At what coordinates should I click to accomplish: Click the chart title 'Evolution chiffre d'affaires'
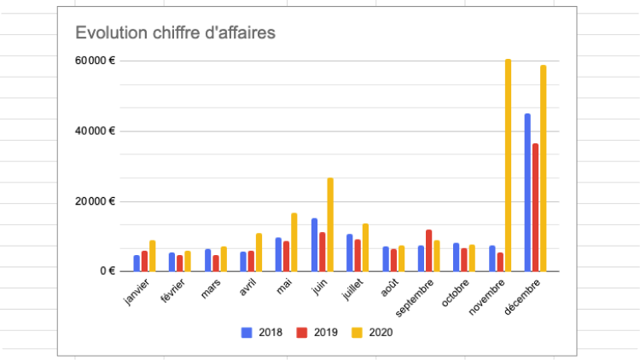(x=175, y=33)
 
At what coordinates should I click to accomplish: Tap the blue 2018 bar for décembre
(x=527, y=192)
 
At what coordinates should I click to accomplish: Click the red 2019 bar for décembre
(x=535, y=207)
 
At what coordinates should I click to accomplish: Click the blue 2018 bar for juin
(x=314, y=245)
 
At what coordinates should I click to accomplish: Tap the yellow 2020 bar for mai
(x=294, y=242)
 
